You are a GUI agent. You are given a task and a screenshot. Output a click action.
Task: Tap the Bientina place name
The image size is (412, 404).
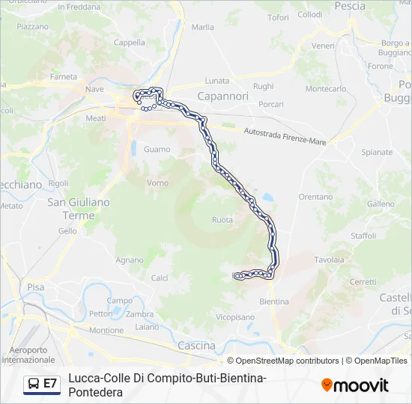tap(273, 302)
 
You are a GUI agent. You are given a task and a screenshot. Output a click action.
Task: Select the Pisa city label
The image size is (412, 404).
tap(35, 287)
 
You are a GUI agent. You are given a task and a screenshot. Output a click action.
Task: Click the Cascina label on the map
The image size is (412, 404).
tap(196, 346)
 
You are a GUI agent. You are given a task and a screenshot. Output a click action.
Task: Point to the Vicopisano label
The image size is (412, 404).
tap(234, 317)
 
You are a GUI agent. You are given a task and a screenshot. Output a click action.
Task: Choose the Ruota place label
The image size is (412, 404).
tap(222, 220)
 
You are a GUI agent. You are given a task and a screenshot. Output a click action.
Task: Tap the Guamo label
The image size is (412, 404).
tap(157, 150)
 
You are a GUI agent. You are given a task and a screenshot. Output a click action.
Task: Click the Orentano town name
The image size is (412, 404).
tap(315, 197)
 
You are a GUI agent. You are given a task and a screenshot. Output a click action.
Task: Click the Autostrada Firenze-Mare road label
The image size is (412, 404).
tap(285, 136)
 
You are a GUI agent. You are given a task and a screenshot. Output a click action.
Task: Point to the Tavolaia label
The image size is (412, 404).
tap(329, 260)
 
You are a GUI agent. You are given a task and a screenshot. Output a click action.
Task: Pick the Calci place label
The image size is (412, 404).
tap(160, 278)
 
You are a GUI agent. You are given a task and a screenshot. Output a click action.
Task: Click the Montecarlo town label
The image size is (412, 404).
tap(326, 88)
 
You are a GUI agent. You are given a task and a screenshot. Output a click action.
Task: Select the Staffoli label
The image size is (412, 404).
tap(363, 236)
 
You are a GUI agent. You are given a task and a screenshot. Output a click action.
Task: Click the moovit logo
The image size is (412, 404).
tap(355, 385)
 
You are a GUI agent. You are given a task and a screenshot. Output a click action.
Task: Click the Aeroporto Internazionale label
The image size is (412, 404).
tap(28, 355)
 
